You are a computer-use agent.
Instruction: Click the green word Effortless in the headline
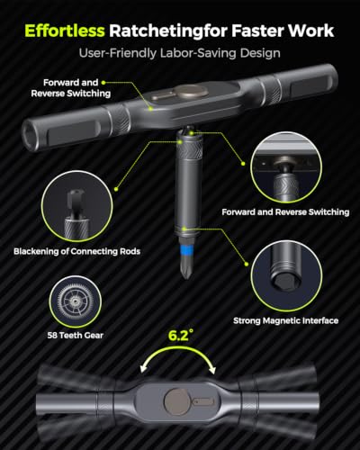pyautogui.click(x=65, y=31)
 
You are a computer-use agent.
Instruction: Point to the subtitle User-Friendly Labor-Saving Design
pyautogui.click(x=180, y=53)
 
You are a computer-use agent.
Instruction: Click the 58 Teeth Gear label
pyautogui.click(x=76, y=336)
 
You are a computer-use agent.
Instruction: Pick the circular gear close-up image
pyautogui.click(x=76, y=301)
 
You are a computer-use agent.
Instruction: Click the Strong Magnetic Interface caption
pyautogui.click(x=286, y=320)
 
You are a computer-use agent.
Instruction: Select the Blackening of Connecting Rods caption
pyautogui.click(x=77, y=251)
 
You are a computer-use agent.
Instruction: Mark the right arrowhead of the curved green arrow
pyautogui.click(x=212, y=370)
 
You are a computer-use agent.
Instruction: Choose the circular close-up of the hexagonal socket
pyautogui.click(x=286, y=275)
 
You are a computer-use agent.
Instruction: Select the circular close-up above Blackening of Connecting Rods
pyautogui.click(x=77, y=206)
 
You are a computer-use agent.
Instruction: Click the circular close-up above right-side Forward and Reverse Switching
pyautogui.click(x=286, y=168)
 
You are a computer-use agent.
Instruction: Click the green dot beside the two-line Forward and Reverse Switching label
pyautogui.click(x=103, y=82)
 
